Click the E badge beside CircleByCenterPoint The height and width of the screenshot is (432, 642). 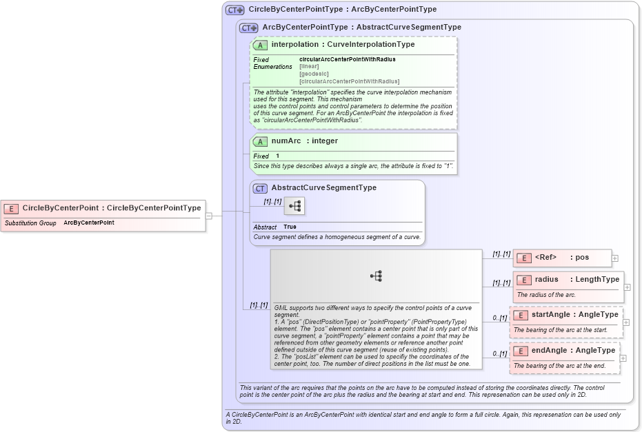[12, 208]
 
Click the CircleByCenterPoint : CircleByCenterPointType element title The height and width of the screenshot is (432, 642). [112, 208]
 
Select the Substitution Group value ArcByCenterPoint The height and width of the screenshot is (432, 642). [89, 223]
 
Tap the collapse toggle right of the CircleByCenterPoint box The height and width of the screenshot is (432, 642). [209, 216]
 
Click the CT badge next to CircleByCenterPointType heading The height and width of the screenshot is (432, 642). [236, 10]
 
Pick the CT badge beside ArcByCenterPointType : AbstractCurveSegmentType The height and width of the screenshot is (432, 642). [249, 28]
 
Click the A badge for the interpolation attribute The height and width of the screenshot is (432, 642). [261, 45]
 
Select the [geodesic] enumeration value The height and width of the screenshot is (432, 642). [314, 74]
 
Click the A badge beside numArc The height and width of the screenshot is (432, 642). [261, 141]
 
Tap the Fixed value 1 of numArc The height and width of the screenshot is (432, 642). [278, 156]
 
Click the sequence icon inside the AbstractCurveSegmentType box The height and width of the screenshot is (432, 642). [294, 206]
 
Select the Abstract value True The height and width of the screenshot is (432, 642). [290, 227]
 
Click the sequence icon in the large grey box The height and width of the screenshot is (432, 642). [376, 276]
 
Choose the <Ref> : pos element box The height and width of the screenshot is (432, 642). [562, 258]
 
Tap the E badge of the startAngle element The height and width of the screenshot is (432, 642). [521, 315]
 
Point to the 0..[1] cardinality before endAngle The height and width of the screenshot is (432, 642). [500, 353]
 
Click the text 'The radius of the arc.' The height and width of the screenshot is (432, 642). [546, 295]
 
